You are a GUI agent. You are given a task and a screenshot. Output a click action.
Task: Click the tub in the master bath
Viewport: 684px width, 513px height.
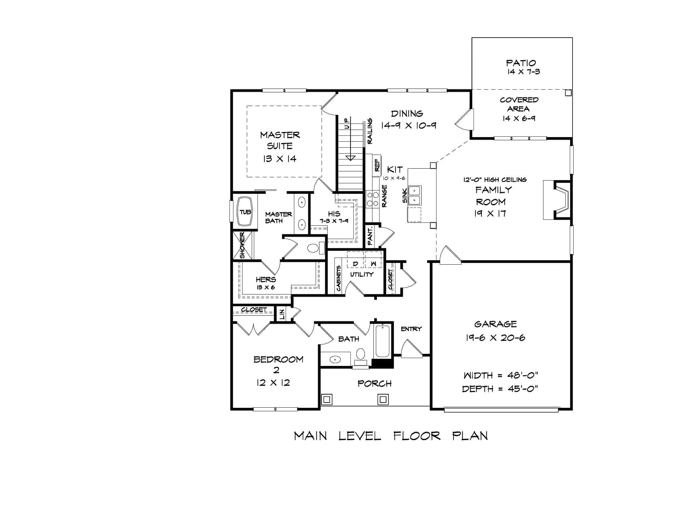245,212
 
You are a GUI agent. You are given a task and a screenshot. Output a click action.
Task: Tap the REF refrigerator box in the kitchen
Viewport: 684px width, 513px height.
377,165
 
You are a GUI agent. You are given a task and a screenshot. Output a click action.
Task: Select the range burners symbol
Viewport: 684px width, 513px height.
372,199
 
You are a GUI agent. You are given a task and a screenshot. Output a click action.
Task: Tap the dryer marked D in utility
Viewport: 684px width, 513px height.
356,264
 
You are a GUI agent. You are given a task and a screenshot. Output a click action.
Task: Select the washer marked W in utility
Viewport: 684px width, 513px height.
373,264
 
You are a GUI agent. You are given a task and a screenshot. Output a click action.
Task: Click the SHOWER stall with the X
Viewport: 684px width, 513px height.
242,246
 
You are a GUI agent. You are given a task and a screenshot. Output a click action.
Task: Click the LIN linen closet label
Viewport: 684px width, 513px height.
282,314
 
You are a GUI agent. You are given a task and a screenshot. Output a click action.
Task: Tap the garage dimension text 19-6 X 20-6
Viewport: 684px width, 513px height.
495,338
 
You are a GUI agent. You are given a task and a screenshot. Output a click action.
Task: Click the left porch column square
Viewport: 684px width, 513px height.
327,399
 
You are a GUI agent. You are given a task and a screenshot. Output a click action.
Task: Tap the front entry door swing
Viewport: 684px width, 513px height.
410,350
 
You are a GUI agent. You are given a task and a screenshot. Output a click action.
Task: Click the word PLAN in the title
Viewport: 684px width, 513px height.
470,436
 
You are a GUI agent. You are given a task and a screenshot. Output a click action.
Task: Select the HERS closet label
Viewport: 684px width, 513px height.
266,279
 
